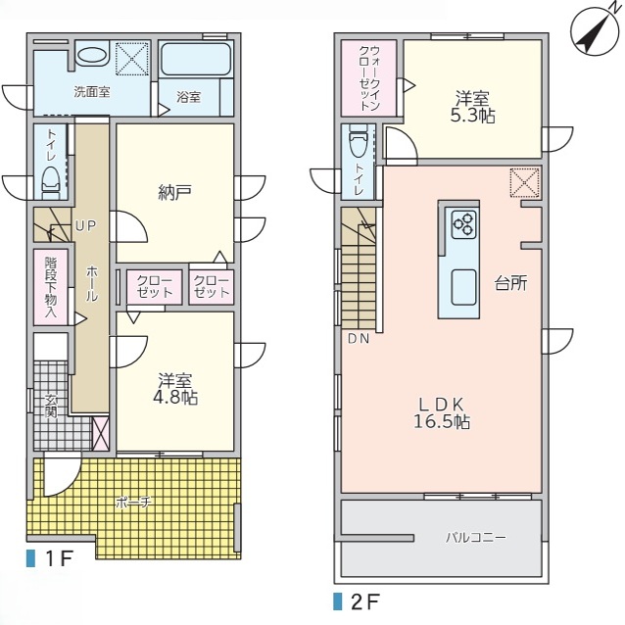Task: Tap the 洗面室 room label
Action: tap(92, 92)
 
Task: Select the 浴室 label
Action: tap(188, 97)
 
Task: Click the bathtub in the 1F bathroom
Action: tap(196, 59)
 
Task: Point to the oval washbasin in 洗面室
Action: tap(91, 55)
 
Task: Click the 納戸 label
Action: tap(174, 192)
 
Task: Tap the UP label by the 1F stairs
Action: tap(85, 226)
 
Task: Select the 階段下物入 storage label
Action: tap(51, 287)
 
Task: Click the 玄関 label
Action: tap(51, 407)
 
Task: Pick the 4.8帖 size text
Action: tap(175, 398)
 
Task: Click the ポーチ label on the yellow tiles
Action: tap(133, 503)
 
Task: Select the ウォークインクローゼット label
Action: tap(370, 78)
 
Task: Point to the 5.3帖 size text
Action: tap(473, 116)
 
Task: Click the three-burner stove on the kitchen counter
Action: tap(464, 224)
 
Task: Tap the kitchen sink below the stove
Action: tap(463, 287)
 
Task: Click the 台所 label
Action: tap(511, 283)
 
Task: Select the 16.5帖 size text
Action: tap(442, 421)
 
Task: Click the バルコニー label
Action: tap(475, 538)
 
